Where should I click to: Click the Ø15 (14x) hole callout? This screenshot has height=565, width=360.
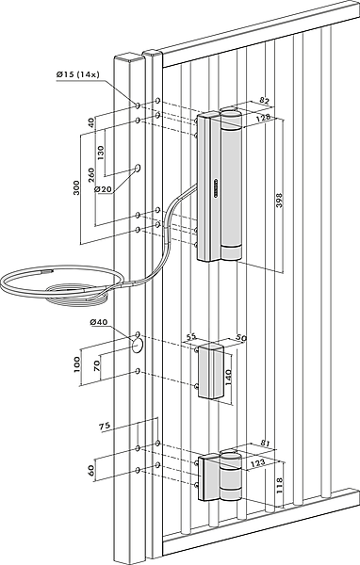(x=77, y=74)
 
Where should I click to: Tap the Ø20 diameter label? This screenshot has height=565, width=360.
(x=103, y=188)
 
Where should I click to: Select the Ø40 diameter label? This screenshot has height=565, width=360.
(x=98, y=322)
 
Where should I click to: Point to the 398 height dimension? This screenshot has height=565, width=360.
(x=279, y=201)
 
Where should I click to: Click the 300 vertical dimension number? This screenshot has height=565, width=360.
(x=76, y=187)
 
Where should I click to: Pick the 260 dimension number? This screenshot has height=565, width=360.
(x=91, y=175)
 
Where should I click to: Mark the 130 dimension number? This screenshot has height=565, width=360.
(x=100, y=153)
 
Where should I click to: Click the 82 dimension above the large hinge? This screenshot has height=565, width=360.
(x=265, y=102)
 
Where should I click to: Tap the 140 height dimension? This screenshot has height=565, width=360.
(x=229, y=377)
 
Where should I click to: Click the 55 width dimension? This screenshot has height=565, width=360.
(x=191, y=336)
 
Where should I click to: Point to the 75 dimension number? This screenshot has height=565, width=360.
(x=105, y=427)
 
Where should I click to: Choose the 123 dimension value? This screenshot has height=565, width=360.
(x=257, y=462)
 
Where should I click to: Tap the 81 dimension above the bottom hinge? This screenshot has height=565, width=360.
(x=265, y=444)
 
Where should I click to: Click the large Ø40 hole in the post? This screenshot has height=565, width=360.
(x=137, y=346)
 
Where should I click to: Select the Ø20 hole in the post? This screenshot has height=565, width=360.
(x=138, y=168)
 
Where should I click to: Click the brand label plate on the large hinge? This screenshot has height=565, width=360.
(x=217, y=187)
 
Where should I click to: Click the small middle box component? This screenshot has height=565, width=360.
(x=211, y=371)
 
